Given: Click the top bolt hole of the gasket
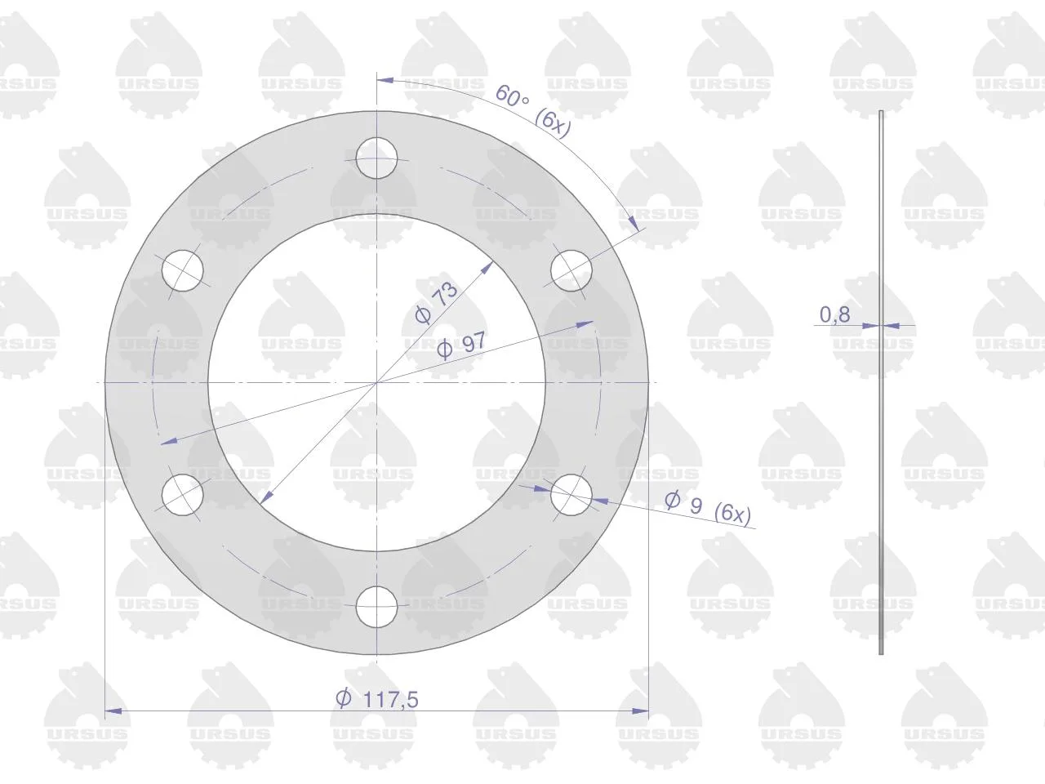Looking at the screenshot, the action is click(376, 158).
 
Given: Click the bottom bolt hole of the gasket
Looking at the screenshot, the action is click(376, 607).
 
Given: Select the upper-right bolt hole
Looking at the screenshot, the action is click(571, 270).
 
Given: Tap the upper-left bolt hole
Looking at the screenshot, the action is click(182, 270).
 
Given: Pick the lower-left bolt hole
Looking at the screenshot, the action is click(182, 495).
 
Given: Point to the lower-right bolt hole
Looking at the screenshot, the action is click(571, 495).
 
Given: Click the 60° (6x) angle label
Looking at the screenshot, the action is click(533, 111).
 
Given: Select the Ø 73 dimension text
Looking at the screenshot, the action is click(436, 303).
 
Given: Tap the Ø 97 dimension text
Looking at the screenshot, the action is click(461, 345).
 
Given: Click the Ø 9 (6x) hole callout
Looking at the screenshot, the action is click(708, 508).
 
